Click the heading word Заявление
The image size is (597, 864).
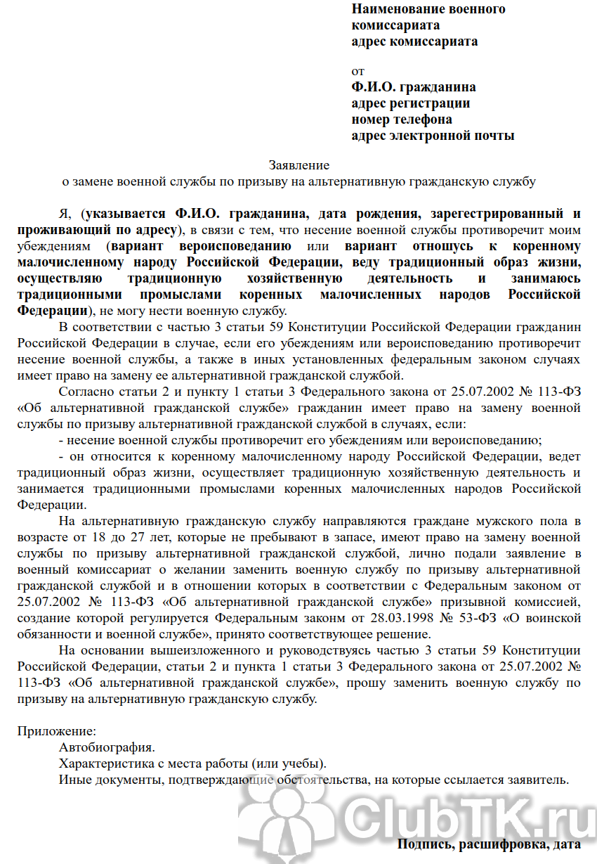click(298, 165)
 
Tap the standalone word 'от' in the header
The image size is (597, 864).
click(358, 71)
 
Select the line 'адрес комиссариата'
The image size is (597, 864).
click(414, 41)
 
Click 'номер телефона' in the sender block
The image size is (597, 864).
click(402, 120)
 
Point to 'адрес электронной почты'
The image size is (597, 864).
click(433, 135)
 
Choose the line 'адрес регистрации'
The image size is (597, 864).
click(411, 103)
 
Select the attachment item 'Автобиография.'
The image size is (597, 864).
click(107, 747)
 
